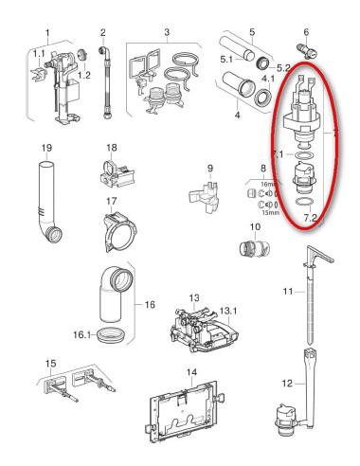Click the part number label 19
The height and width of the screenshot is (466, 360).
coord(46,148)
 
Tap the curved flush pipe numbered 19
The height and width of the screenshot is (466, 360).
coord(46,202)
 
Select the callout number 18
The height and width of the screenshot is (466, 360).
coord(112,148)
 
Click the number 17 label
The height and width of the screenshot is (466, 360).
coord(111,201)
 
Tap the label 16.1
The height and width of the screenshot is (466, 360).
coord(81,334)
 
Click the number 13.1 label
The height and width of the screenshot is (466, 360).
coord(228,311)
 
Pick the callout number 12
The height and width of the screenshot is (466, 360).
coord(287,384)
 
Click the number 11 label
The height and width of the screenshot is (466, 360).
coord(288,291)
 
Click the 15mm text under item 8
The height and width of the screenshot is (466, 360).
coord(271,212)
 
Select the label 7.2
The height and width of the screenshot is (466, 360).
coord(310,218)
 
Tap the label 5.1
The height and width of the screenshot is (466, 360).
coord(226,59)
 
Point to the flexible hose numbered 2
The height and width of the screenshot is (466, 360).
coord(106,82)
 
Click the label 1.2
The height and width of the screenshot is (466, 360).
coord(84,75)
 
